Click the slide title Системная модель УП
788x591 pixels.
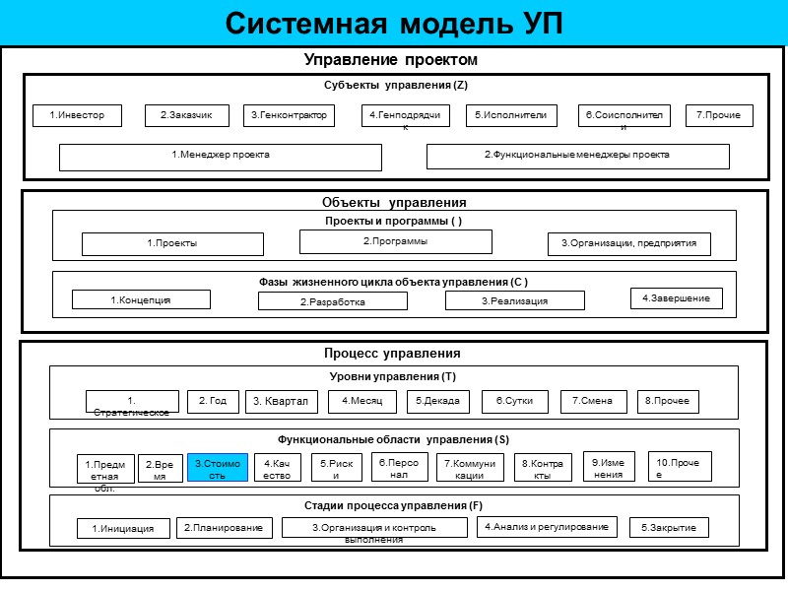click(x=394, y=23)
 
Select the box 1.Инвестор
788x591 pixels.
click(x=69, y=116)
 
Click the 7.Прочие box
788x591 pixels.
click(x=719, y=116)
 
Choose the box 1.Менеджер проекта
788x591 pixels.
click(x=221, y=157)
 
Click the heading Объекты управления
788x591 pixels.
click(x=394, y=202)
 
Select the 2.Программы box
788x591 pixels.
click(x=396, y=241)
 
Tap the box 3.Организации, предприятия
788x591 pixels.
click(x=628, y=244)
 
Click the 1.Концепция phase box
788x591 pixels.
click(x=141, y=299)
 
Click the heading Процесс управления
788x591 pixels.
click(x=393, y=353)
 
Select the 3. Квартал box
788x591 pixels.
click(x=282, y=401)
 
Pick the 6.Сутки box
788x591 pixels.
click(x=514, y=401)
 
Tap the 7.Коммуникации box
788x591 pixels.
click(x=471, y=467)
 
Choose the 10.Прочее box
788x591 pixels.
click(x=680, y=467)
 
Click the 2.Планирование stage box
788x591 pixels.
click(x=225, y=528)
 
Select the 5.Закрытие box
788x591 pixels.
click(x=669, y=528)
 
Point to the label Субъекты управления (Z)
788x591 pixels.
click(x=395, y=85)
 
